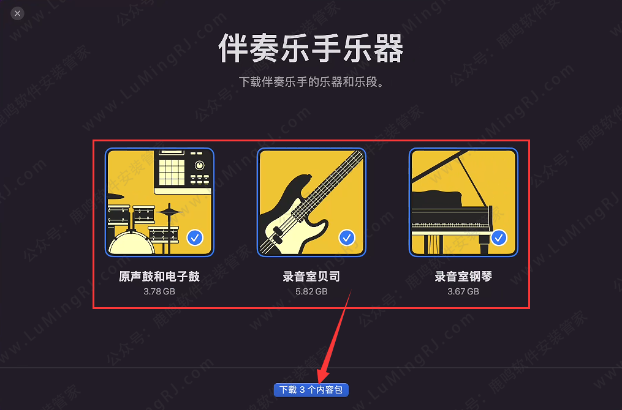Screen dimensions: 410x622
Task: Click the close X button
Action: click(18, 13)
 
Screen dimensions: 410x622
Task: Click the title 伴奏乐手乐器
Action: click(311, 49)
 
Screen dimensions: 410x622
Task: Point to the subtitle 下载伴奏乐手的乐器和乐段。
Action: click(311, 82)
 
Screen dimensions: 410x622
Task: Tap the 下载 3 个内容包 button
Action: click(311, 389)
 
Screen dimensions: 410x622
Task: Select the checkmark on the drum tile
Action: click(195, 237)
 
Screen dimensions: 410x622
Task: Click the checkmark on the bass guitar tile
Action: click(346, 237)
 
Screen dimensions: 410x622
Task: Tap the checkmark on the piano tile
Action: click(499, 237)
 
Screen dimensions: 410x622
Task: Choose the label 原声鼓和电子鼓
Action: click(159, 277)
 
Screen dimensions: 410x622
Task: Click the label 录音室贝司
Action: click(311, 277)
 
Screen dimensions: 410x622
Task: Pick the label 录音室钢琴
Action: click(463, 277)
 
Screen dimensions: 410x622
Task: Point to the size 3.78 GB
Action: click(159, 291)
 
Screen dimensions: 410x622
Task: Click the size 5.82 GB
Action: click(311, 291)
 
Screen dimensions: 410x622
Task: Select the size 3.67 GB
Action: click(463, 291)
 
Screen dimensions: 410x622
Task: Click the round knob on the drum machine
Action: click(199, 165)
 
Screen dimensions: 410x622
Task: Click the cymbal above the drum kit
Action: click(170, 212)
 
